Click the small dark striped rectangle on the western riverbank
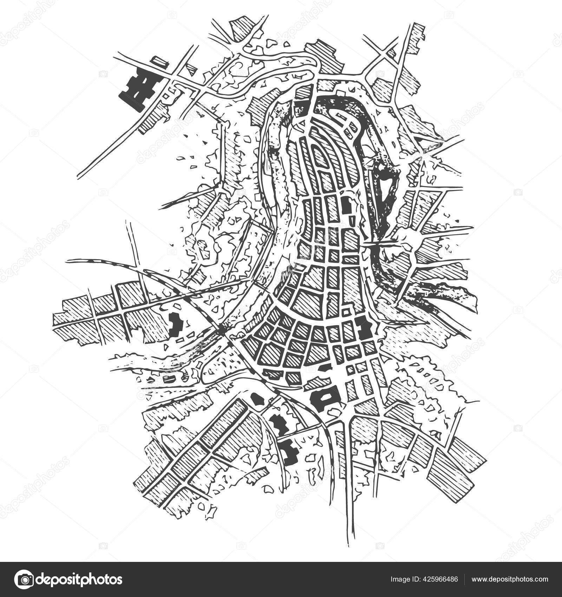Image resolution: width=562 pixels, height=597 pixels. [169, 379]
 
